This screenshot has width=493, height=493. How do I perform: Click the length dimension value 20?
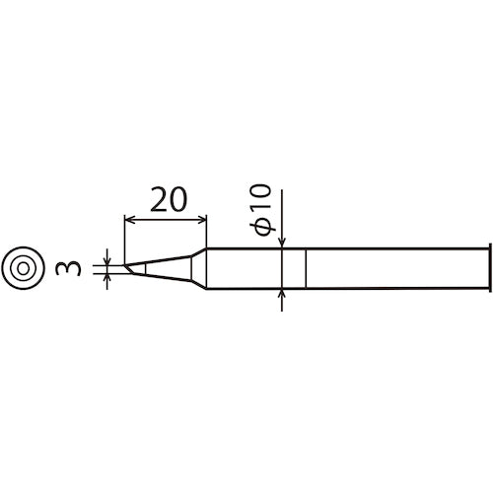tap(167, 201)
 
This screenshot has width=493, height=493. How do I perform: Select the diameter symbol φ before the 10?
tap(263, 228)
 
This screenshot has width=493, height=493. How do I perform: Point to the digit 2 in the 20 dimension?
tap(156, 201)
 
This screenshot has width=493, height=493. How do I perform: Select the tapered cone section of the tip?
tap(168, 267)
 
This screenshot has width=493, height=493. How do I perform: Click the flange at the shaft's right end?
tap(489, 267)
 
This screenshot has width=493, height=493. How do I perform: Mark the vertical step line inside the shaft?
tap(307, 267)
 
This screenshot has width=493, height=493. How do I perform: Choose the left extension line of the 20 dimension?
tap(125, 237)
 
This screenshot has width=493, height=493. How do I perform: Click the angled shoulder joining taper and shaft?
tap(199, 267)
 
